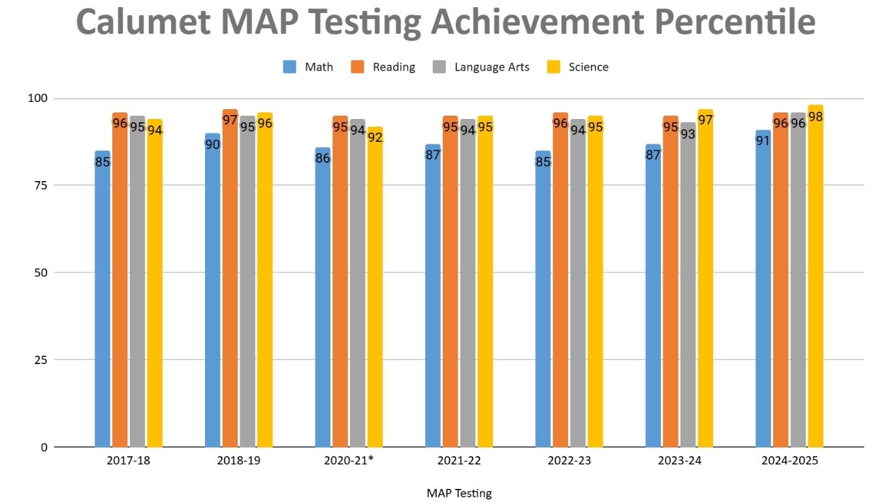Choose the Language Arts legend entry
pos(482,67)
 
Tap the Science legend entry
pos(578,67)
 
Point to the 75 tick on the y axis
pos(41,185)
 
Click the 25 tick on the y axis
pos(41,360)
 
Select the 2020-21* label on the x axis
pos(349,461)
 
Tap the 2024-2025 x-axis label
pos(789,461)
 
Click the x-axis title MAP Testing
pos(459,493)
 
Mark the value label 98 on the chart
pos(816,117)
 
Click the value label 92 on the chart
pos(375,138)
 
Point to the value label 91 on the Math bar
pos(763,141)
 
